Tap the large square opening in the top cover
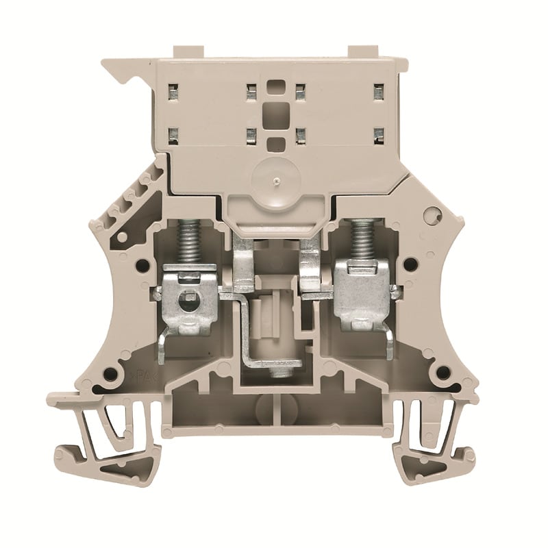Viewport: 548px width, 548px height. pos(275,112)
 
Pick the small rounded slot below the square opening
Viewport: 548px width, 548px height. pos(275,145)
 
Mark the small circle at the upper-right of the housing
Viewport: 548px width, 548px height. pos(429,216)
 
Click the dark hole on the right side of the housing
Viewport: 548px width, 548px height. pos(410,264)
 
